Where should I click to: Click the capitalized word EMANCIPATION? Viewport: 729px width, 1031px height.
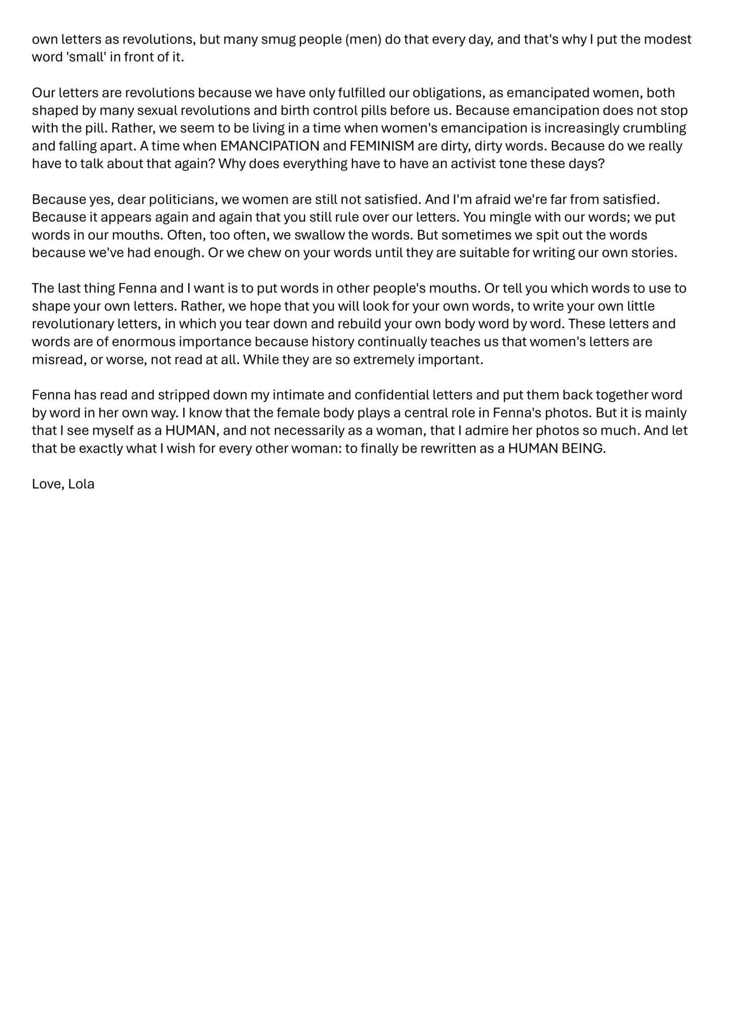tap(270, 146)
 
